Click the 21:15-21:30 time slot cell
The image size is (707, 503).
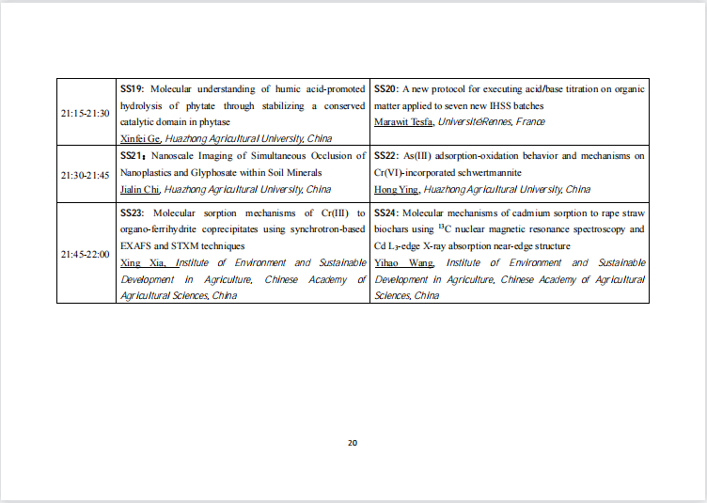click(x=86, y=113)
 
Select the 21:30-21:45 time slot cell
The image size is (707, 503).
click(x=86, y=175)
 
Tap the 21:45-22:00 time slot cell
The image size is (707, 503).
click(x=86, y=254)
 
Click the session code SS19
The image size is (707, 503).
click(x=132, y=89)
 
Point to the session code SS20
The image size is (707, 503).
click(x=385, y=89)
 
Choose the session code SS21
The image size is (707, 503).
click(x=132, y=155)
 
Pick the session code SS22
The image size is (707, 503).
click(x=385, y=155)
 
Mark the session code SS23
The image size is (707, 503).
click(x=132, y=213)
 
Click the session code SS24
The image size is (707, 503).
click(x=385, y=213)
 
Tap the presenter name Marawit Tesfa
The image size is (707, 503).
click(x=402, y=122)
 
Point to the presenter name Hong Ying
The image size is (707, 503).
click(x=396, y=189)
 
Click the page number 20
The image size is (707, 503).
click(x=353, y=443)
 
